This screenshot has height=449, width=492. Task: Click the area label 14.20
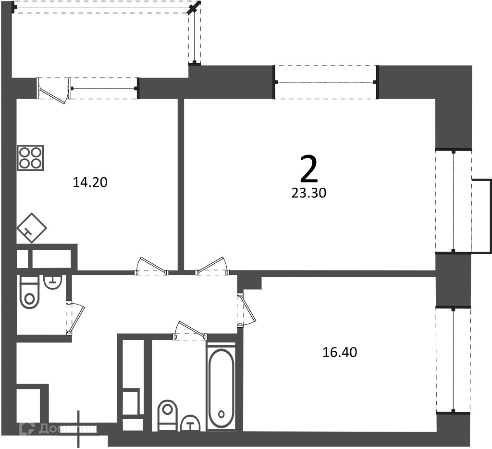[90, 182]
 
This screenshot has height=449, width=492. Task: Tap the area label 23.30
[309, 193]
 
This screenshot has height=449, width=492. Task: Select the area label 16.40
[340, 352]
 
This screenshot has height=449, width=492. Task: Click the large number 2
[309, 170]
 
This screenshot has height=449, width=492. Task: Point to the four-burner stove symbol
[30, 158]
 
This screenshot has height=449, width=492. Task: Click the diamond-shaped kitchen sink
[31, 228]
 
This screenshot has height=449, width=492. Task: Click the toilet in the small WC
[29, 292]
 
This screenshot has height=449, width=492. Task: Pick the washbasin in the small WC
[53, 282]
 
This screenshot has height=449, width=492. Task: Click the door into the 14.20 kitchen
[152, 267]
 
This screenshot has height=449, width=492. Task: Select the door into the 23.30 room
[212, 267]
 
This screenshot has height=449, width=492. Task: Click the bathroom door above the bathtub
[190, 331]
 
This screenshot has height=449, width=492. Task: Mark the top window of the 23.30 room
[326, 82]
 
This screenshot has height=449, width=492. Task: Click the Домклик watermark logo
[58, 429]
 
